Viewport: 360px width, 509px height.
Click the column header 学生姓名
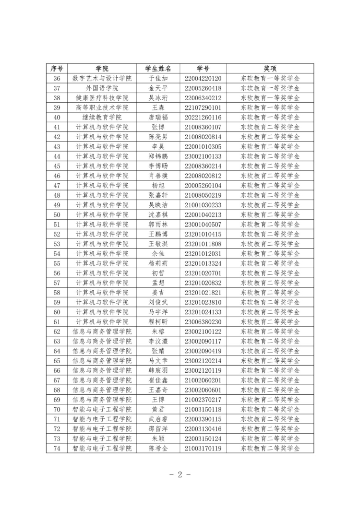tap(158, 69)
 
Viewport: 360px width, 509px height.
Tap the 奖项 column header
tap(270, 69)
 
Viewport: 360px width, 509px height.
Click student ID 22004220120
tap(203, 78)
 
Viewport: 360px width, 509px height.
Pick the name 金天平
tap(158, 88)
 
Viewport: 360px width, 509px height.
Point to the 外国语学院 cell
tap(102, 88)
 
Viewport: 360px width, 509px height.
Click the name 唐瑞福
tap(158, 117)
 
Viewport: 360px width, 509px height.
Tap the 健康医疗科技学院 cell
tap(102, 98)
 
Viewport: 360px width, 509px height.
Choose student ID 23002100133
tap(203, 156)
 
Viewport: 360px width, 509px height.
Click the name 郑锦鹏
tap(158, 156)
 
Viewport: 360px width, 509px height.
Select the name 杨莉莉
tap(158, 263)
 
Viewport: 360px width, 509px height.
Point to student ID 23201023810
tap(203, 302)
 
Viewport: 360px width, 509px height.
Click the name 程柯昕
tap(158, 322)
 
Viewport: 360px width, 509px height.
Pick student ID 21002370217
tap(203, 400)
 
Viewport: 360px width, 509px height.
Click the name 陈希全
tap(158, 449)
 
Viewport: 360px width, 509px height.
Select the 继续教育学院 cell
tap(102, 117)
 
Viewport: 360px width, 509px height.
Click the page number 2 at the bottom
tap(180, 475)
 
